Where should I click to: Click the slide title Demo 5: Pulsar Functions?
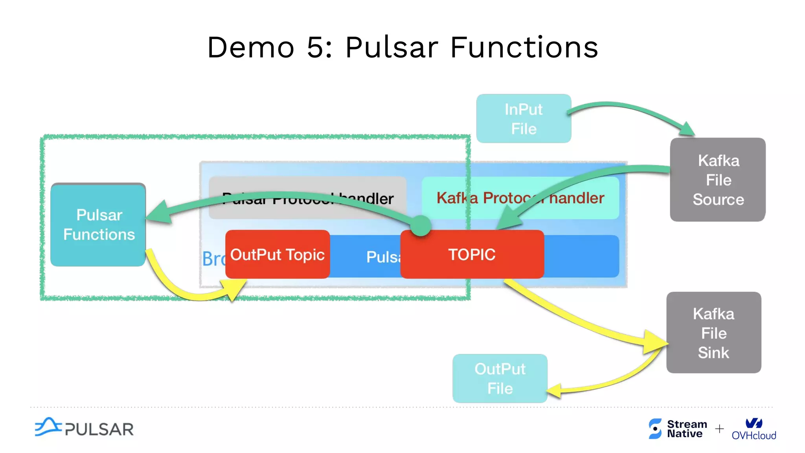point(402,47)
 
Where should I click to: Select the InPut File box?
point(524,118)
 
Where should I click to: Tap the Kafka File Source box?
point(718,180)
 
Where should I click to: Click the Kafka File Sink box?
point(714,333)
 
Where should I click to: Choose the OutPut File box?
point(500,378)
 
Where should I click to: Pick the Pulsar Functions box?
point(98,225)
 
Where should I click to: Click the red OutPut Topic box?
point(277,254)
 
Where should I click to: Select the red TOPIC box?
point(472,254)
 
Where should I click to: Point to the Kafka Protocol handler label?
point(520,198)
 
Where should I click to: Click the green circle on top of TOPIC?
point(421,225)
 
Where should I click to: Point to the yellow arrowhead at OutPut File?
point(554,390)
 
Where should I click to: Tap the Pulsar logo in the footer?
point(84,428)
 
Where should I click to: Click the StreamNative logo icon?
point(655,428)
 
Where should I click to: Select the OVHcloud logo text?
point(754,435)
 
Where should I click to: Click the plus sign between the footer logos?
point(719,428)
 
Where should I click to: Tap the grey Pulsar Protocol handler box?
point(307,198)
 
